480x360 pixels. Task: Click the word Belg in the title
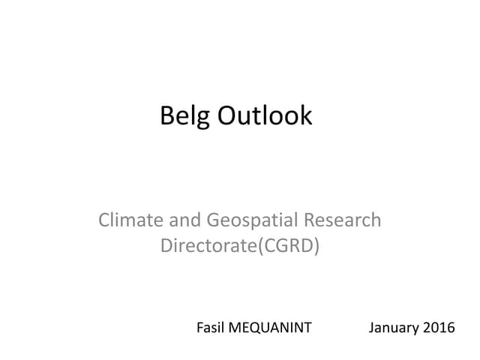point(185,115)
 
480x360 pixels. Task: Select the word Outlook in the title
point(265,115)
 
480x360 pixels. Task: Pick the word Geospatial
point(250,221)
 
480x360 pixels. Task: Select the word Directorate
point(208,245)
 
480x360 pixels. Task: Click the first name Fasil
point(210,328)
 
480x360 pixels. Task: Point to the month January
point(394,328)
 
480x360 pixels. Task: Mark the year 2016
point(439,328)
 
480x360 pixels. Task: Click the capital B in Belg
point(167,115)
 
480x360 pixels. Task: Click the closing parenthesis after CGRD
point(316,245)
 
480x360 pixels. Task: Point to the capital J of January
point(372,328)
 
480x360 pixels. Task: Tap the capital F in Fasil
point(199,328)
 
